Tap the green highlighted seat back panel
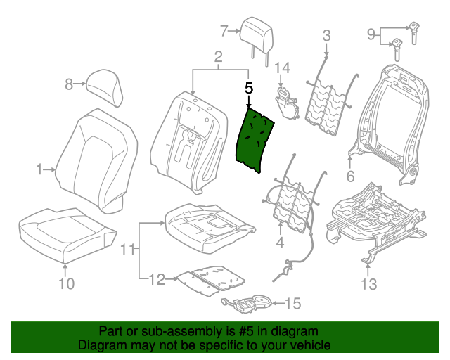pos(256,136)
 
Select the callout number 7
pos(224,30)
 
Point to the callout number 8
pos(69,84)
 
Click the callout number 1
pos(39,169)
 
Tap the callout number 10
pos(65,284)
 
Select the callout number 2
pos(218,56)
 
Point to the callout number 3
pos(326,35)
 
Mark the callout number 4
pos(280,243)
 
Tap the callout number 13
pos(368,284)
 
